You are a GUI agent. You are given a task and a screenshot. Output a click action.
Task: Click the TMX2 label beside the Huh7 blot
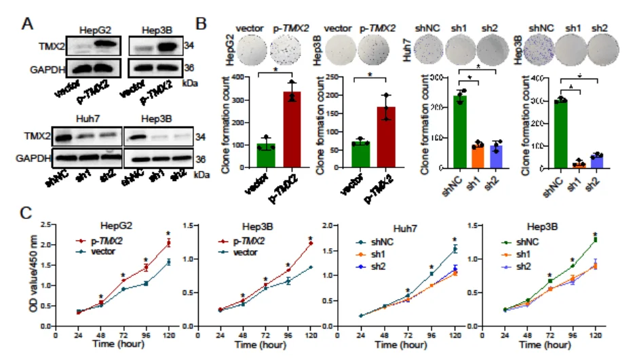[x=38, y=136]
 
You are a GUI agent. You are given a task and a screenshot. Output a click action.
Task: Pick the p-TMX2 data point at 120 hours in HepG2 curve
[x=168, y=243]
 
